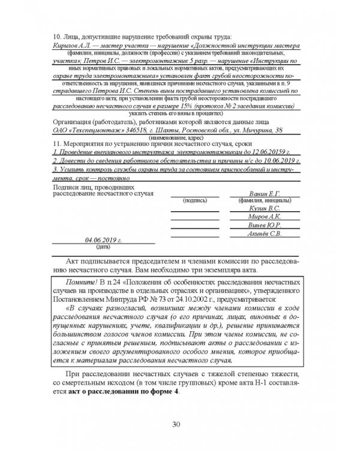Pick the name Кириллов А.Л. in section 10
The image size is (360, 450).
[x=71, y=45]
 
